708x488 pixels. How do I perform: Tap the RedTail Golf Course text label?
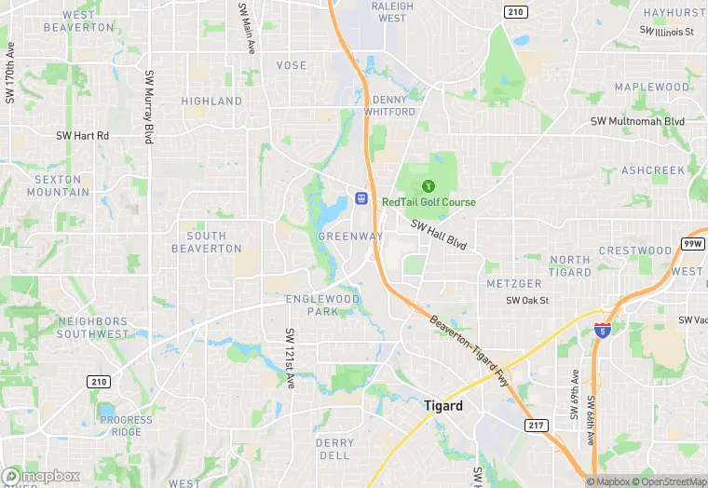429,202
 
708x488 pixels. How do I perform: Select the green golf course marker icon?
429,186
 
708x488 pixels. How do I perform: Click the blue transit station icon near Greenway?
361,198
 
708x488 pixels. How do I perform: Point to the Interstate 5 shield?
605,328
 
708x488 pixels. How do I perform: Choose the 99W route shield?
692,243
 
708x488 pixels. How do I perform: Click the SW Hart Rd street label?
82,136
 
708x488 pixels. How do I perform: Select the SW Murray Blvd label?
148,107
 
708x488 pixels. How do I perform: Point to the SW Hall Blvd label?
438,236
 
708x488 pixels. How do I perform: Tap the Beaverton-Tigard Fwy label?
473,351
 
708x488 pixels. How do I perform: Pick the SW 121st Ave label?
290,358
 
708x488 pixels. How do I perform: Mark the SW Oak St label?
527,301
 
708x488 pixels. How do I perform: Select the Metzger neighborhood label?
513,283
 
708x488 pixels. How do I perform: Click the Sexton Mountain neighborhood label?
58,185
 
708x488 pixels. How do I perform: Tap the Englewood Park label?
322,305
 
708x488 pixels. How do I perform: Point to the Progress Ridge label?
127,426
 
